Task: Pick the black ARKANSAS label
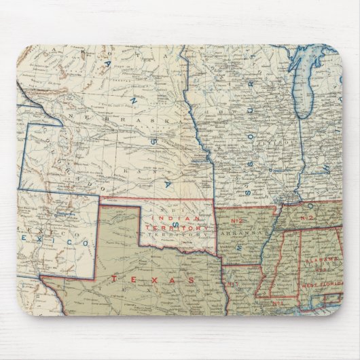pyautogui.click(x=237, y=232)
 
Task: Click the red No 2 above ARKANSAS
pyautogui.click(x=234, y=219)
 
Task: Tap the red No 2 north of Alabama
pyautogui.click(x=306, y=217)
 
